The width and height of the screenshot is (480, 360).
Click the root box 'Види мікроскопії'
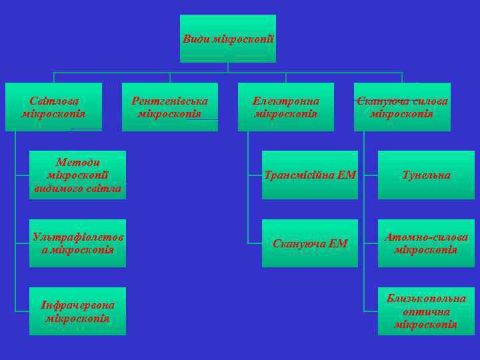[x=227, y=39]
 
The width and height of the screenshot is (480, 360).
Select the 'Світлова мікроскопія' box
[x=53, y=107]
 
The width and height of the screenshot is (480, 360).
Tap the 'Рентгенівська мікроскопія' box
[x=169, y=107]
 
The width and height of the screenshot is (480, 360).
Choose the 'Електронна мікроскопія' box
[x=285, y=107]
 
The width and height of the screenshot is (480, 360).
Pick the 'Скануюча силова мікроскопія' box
[x=402, y=107]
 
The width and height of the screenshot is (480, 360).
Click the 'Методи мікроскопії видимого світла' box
[x=77, y=175]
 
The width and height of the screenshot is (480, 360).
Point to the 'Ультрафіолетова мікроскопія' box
[x=77, y=243]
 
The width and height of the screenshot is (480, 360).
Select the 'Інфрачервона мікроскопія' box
[x=77, y=311]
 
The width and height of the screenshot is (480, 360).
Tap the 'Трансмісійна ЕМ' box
[x=310, y=175]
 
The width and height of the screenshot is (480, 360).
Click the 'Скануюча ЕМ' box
[x=310, y=243]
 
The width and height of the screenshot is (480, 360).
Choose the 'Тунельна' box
[x=426, y=175]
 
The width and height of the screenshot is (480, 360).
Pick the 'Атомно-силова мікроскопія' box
[x=426, y=243]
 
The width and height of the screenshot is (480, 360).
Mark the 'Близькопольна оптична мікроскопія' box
[x=426, y=311]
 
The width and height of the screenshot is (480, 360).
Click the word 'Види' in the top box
[x=195, y=39]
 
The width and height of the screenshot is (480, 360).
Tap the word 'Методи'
[x=77, y=163]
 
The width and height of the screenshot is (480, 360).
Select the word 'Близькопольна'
[x=426, y=299]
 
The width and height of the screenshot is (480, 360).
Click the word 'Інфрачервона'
[x=77, y=305]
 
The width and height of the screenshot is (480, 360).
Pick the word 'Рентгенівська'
[x=169, y=101]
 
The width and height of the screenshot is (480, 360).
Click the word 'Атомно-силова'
[x=426, y=237]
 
